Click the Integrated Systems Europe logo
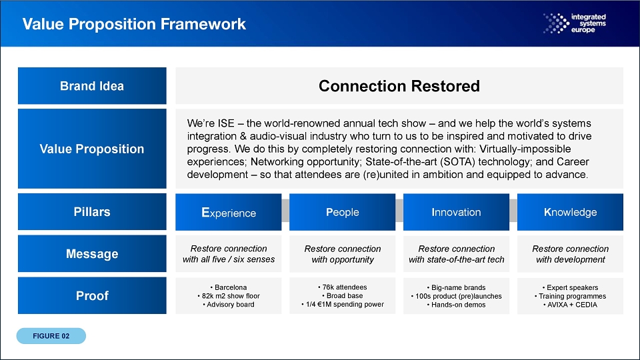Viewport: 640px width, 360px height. point(575,23)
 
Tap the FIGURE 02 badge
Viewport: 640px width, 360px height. point(51,336)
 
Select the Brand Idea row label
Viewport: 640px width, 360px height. point(92,86)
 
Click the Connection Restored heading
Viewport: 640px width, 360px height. point(399,86)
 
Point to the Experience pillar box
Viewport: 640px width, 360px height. point(229,212)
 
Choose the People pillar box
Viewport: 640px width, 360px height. point(343,212)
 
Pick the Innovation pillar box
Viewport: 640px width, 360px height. point(456,212)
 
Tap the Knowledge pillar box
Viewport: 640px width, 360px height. point(570,212)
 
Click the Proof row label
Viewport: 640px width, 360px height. point(92,295)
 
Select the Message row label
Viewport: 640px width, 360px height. point(92,253)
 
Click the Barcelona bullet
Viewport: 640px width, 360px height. point(229,287)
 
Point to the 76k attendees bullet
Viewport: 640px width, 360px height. point(343,287)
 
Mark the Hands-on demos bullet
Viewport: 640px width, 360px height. point(456,305)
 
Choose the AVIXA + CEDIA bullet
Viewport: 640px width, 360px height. point(570,305)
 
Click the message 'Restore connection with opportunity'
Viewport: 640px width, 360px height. point(343,254)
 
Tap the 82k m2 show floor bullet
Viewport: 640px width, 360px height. point(229,296)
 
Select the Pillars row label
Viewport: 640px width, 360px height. point(92,212)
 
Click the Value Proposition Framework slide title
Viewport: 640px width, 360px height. point(134,24)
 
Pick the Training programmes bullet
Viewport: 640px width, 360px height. point(570,296)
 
